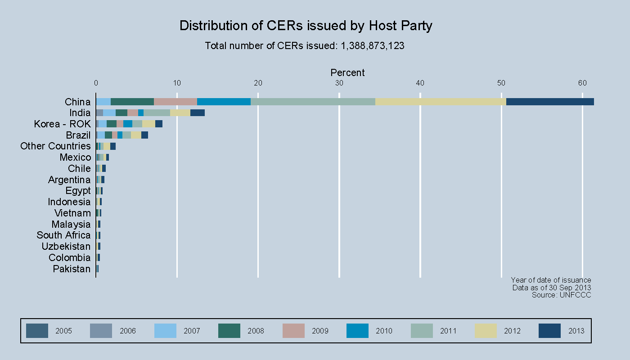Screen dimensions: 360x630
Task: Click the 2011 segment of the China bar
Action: (313, 102)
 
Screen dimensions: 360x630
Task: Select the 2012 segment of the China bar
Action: (441, 102)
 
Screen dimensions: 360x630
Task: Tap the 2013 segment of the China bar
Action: (550, 102)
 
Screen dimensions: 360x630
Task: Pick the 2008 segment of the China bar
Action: (132, 102)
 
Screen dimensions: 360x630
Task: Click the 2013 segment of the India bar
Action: (198, 113)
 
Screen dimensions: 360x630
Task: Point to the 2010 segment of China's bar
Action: (224, 102)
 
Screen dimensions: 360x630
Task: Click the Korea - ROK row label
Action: (62, 124)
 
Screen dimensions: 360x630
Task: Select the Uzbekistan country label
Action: (66, 247)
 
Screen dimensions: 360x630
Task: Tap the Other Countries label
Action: (55, 146)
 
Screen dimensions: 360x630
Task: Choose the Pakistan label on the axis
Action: (72, 269)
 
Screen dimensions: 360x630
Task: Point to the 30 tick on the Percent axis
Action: (339, 83)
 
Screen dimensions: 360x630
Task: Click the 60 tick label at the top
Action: (582, 83)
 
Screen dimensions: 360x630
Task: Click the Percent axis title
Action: (347, 73)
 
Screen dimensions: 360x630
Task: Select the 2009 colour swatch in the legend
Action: (293, 331)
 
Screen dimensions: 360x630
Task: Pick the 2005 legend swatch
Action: (37, 331)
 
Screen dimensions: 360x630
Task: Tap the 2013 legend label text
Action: (576, 331)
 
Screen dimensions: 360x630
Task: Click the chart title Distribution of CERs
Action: (306, 26)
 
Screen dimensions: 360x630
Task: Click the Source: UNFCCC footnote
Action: (561, 295)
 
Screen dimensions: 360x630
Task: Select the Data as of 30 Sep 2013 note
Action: (551, 288)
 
